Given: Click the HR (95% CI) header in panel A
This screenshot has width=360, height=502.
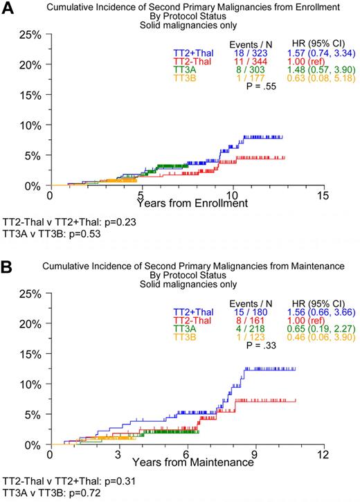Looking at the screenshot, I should pos(309,42).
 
